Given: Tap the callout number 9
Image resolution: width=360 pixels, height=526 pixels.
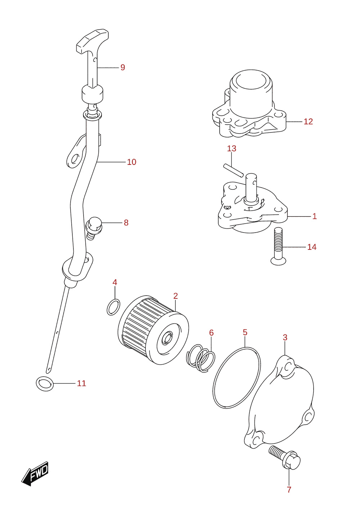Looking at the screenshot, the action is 123,67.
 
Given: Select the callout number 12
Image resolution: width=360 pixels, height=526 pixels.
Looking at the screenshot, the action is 308,121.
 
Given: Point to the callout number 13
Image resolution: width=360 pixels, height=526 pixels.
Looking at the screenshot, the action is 231,148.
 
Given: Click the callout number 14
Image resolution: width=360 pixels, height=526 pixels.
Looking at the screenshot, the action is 312,247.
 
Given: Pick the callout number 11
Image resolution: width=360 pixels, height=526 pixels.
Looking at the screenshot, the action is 81,383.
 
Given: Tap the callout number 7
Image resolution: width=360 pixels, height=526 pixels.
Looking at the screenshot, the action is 289,490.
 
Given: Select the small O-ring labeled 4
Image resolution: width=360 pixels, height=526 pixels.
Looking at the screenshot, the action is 113,307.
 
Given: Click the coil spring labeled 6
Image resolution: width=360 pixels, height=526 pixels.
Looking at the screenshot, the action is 201,358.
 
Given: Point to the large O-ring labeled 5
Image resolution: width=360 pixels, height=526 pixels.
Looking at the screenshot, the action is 237,378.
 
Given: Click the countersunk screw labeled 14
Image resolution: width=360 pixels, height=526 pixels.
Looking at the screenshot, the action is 279,246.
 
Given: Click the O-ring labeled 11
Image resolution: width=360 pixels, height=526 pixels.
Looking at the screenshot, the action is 45,384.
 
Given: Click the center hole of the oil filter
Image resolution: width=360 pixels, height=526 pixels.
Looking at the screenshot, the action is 168,338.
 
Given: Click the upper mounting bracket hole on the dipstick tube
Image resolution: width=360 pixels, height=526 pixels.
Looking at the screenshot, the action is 75,159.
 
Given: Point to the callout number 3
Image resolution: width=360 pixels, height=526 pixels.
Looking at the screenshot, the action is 285,337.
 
